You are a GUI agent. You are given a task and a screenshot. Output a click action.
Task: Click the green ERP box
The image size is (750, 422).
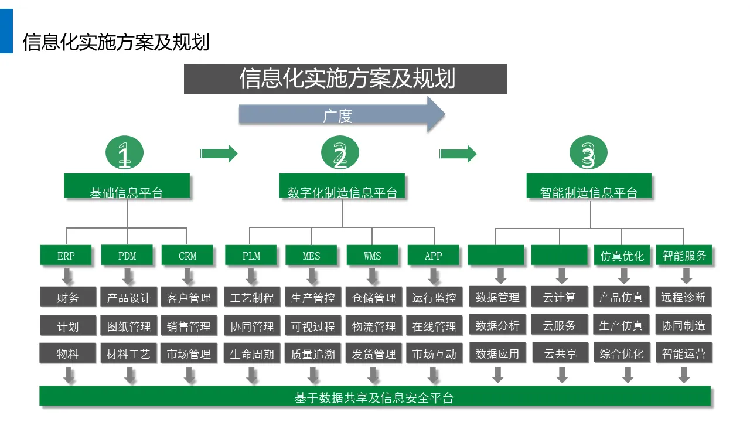pyautogui.click(x=66, y=256)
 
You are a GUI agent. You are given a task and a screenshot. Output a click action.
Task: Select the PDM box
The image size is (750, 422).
pyautogui.click(x=127, y=256)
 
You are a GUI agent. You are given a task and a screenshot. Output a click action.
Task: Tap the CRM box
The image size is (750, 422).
pyautogui.click(x=187, y=256)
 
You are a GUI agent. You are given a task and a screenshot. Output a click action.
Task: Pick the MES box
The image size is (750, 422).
pyautogui.click(x=312, y=256)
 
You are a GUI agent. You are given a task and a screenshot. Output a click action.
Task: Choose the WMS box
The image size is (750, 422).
pyautogui.click(x=373, y=256)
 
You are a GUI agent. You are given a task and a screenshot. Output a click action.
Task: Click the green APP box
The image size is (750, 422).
pyautogui.click(x=434, y=256)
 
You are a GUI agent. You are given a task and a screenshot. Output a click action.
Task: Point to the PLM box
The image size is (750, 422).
pyautogui.click(x=251, y=256)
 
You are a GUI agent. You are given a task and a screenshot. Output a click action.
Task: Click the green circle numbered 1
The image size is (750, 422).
pyautogui.click(x=124, y=154)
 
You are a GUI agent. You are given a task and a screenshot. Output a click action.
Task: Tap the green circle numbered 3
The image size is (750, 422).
pyautogui.click(x=588, y=154)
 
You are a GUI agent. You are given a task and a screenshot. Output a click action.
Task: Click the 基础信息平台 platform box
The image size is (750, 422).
pyautogui.click(x=127, y=186)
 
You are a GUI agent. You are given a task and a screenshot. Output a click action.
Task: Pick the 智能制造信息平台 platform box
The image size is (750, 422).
pyautogui.click(x=589, y=186)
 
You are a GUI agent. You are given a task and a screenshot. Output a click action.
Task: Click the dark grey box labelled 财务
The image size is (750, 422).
pyautogui.click(x=67, y=297)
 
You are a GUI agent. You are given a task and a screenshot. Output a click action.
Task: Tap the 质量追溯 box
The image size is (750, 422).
pyautogui.click(x=313, y=354)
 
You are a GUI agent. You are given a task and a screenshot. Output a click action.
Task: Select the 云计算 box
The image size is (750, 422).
pyautogui.click(x=560, y=297)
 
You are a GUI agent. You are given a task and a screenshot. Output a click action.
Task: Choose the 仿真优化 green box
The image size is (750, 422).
pyautogui.click(x=622, y=256)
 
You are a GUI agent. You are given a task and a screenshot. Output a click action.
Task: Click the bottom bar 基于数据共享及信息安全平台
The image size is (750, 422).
pyautogui.click(x=375, y=397)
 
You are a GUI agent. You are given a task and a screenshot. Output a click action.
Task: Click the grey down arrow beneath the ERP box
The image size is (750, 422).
pyautogui.click(x=67, y=276)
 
